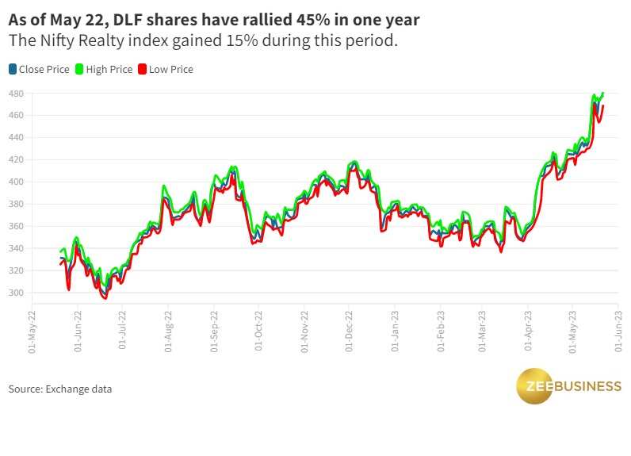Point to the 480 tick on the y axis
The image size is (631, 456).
tap(16, 94)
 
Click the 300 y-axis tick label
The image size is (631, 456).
tap(16, 293)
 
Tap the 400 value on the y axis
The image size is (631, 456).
tap(16, 182)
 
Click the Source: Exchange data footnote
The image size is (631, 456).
tap(60, 389)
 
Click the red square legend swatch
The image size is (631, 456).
tap(143, 70)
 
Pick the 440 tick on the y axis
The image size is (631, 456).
tap(16, 138)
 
